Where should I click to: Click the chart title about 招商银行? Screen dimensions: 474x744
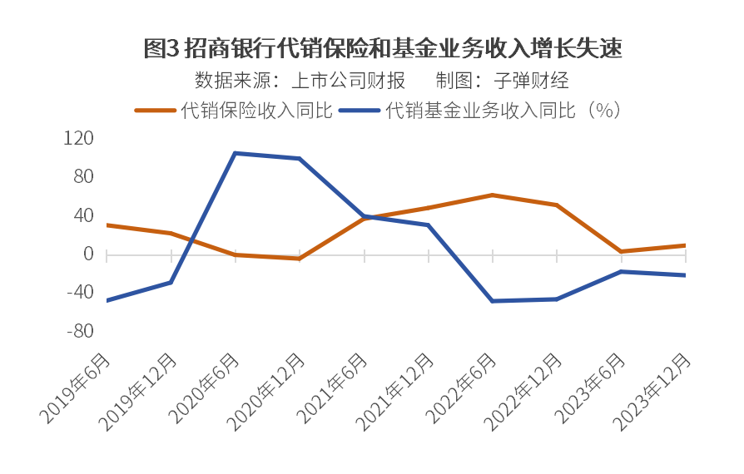tap(382, 48)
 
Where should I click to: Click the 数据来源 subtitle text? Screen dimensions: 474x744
tap(300, 81)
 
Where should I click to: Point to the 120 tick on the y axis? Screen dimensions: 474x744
tap(79, 138)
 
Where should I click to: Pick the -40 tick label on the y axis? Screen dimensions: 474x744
tap(80, 293)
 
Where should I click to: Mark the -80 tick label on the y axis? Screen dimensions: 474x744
tap(80, 331)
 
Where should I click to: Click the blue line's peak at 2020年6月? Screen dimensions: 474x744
tap(236, 153)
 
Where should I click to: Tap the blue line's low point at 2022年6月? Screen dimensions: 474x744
tap(493, 301)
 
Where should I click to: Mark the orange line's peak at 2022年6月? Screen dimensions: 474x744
tap(493, 195)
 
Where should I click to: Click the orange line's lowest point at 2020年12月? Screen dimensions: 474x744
tap(300, 259)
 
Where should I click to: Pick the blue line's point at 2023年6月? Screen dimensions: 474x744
tap(622, 271)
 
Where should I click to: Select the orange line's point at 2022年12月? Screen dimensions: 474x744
tap(557, 205)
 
